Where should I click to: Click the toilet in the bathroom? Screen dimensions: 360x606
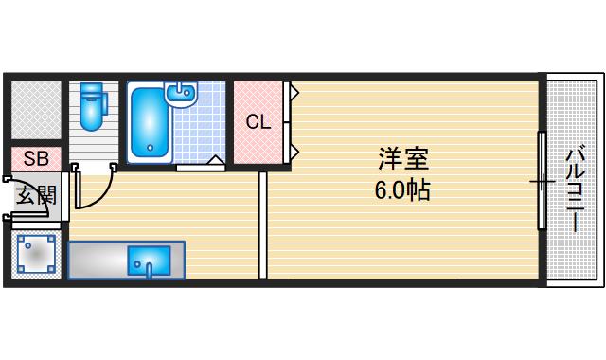(x=92, y=111)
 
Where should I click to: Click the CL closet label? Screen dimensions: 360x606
(x=258, y=121)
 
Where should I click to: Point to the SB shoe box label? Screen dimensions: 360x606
(x=36, y=158)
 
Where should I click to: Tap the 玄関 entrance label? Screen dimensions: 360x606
(x=35, y=196)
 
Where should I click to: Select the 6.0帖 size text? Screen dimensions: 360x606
(x=401, y=189)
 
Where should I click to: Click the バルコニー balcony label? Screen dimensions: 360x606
(x=575, y=189)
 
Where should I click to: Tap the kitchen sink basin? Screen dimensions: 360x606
(x=149, y=259)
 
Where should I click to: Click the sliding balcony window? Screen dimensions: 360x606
(x=542, y=180)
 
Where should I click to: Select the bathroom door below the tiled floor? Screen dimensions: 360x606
(x=201, y=167)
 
